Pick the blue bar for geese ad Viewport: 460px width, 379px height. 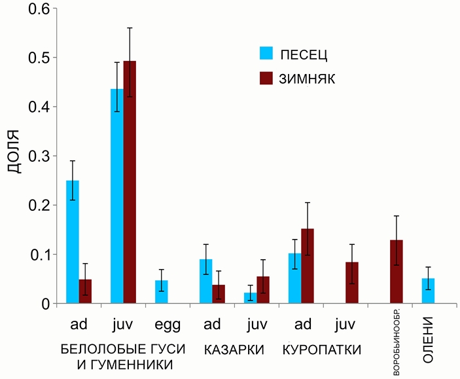coord(73,242)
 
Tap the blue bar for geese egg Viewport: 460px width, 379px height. coord(161,291)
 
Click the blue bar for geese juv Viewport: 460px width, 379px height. coord(116,196)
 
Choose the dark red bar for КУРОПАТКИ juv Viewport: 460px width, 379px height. coord(352,282)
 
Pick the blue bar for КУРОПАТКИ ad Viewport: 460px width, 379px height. coord(294,278)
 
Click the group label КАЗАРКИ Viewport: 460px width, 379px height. coord(234,350)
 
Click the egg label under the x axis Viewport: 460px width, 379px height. coord(168,325)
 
